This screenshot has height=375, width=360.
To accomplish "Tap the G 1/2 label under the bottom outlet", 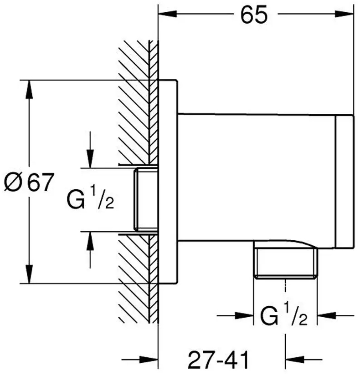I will (x=285, y=314).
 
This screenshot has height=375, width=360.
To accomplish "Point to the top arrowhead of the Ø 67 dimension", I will (x=30, y=89).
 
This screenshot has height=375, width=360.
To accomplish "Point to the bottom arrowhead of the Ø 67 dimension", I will (x=30, y=275).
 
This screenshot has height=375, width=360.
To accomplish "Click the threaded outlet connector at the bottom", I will (x=285, y=263).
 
